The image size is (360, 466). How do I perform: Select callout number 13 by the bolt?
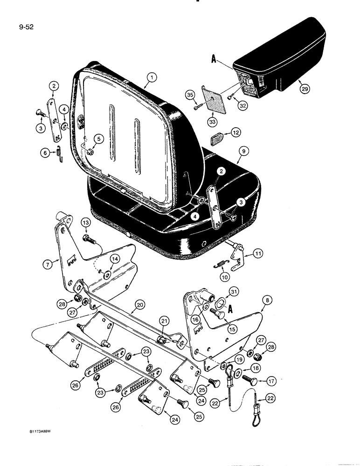(85, 223)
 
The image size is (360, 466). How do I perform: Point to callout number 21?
(163, 321)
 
